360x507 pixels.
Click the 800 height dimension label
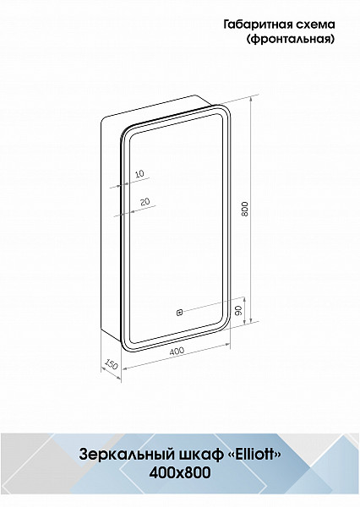coord(245,209)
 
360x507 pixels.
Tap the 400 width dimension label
coord(177,351)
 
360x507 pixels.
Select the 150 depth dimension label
coord(111,363)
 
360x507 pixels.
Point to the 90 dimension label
coord(238,311)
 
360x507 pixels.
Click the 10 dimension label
coord(139,174)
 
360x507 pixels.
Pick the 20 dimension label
coord(145,202)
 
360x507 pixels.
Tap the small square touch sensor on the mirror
coord(179,313)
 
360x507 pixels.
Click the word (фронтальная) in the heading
coord(291,40)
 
